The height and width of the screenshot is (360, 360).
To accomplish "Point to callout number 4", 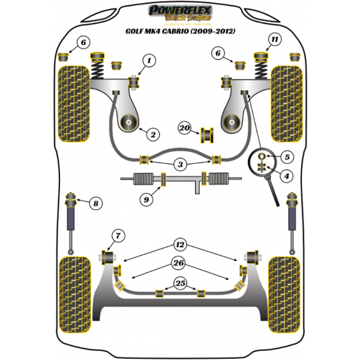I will click(x=287, y=176).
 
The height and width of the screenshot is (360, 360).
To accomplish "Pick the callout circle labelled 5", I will click(x=287, y=157).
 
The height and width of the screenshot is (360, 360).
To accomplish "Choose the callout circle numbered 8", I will click(x=95, y=203).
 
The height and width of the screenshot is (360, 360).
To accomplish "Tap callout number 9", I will click(x=145, y=200).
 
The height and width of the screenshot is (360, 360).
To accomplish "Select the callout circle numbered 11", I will click(x=274, y=40).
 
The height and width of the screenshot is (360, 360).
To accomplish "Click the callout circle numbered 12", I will click(x=180, y=244).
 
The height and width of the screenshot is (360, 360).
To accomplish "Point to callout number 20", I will click(x=184, y=129).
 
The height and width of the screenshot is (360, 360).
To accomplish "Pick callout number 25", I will click(x=180, y=283).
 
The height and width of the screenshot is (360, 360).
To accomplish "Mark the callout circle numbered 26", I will click(x=179, y=262).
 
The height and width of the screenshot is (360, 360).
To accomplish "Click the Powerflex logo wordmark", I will click(x=179, y=10).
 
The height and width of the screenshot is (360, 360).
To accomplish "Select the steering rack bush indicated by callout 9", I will click(x=164, y=178).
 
